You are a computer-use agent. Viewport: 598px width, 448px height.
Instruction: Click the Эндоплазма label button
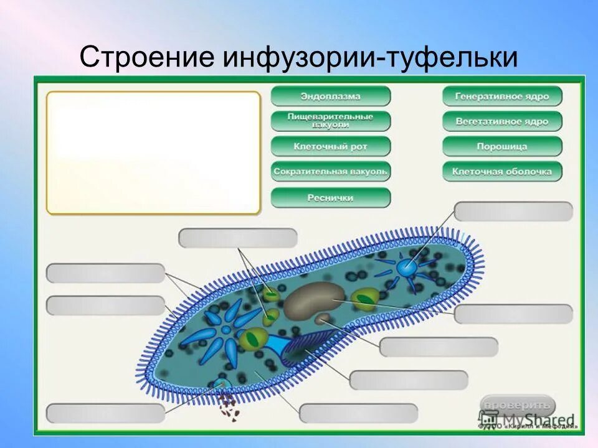[331, 96]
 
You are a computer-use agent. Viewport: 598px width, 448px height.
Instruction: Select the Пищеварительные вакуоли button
[331, 121]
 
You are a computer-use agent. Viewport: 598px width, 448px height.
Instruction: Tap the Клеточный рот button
[331, 147]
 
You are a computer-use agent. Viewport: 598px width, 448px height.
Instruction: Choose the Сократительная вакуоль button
[331, 171]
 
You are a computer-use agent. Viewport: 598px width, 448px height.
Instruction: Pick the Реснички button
[331, 198]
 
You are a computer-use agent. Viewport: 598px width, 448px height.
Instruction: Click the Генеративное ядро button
[502, 96]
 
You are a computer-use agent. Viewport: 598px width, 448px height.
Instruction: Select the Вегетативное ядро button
[502, 121]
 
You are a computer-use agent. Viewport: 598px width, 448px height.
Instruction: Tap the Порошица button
[502, 147]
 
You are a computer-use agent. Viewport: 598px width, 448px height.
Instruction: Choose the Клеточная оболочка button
[502, 171]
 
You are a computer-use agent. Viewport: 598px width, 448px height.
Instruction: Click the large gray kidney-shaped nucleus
[314, 299]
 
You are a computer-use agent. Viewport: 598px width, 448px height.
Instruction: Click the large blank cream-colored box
[153, 152]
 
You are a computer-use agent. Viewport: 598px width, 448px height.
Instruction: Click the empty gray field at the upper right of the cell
[513, 212]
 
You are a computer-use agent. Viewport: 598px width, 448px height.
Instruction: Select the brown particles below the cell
[229, 407]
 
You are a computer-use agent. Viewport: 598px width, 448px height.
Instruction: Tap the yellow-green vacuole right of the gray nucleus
[363, 299]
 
